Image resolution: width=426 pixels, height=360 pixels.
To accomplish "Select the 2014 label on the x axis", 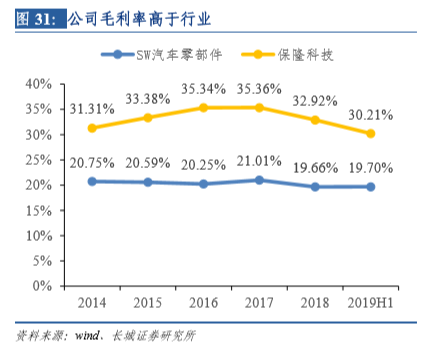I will (93, 302).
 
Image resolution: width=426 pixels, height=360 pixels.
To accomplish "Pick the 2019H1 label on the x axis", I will (371, 302).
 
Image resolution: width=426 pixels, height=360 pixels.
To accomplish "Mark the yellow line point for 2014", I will (93, 128).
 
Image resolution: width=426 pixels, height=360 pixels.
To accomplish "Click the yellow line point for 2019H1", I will (371, 133).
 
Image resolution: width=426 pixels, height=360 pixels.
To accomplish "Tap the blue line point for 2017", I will (260, 180).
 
